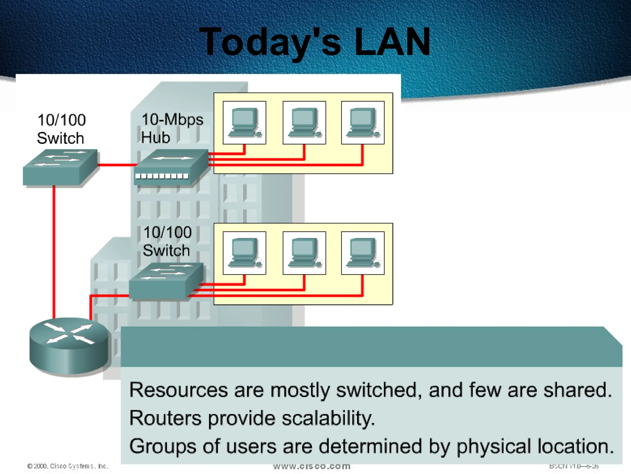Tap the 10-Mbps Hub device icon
pyautogui.click(x=171, y=168)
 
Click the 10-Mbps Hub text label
pyautogui.click(x=171, y=128)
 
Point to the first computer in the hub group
pyautogui.click(x=244, y=123)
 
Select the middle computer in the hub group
pyautogui.click(x=304, y=123)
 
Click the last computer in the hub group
pyautogui.click(x=363, y=123)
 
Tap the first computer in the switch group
pyautogui.click(x=244, y=253)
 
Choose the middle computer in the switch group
pyautogui.click(x=304, y=253)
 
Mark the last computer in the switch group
pyautogui.click(x=363, y=253)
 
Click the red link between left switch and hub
pyautogui.click(x=117, y=165)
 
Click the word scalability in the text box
pyautogui.click(x=328, y=418)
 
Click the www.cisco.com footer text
pyautogui.click(x=312, y=466)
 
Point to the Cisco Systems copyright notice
pyautogui.click(x=68, y=466)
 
